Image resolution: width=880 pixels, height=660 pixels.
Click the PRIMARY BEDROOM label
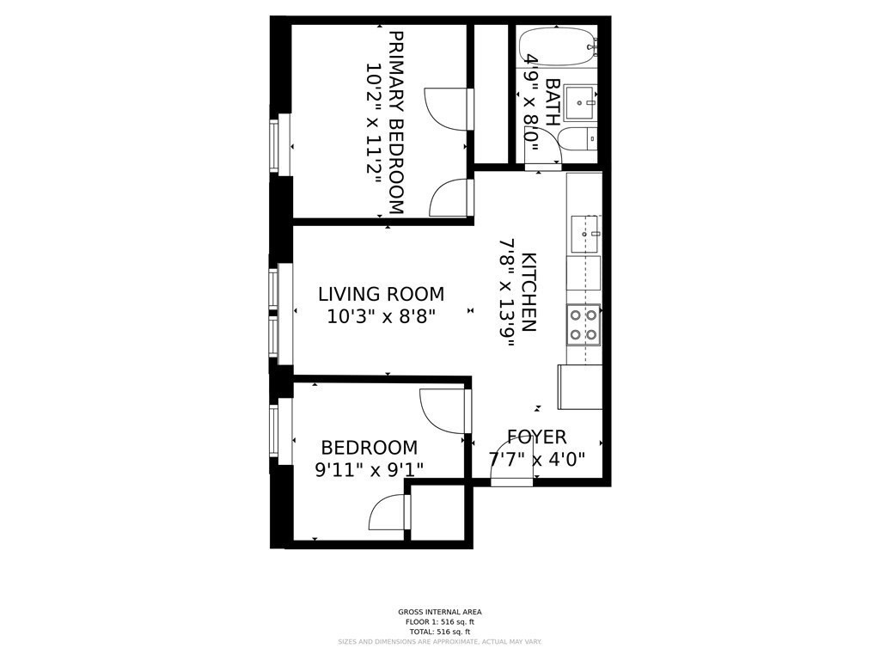click(x=396, y=123)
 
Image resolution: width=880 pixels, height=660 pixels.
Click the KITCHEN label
click(x=529, y=292)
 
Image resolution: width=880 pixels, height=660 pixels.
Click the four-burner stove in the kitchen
click(x=584, y=325)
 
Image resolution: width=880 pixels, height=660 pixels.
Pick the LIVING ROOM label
click(x=381, y=294)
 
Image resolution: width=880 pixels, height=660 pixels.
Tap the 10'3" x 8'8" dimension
click(x=381, y=316)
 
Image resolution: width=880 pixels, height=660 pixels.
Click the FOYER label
click(x=536, y=437)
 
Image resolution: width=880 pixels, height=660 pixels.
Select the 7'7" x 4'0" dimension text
click(x=536, y=460)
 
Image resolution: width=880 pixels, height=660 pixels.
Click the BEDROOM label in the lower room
click(x=369, y=448)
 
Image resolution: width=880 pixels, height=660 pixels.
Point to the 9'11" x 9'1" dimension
click(x=369, y=470)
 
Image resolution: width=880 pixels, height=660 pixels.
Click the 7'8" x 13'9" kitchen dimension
click(x=507, y=292)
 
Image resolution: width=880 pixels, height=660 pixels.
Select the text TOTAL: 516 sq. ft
click(x=439, y=632)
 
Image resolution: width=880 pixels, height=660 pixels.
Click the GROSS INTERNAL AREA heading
click(x=439, y=612)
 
